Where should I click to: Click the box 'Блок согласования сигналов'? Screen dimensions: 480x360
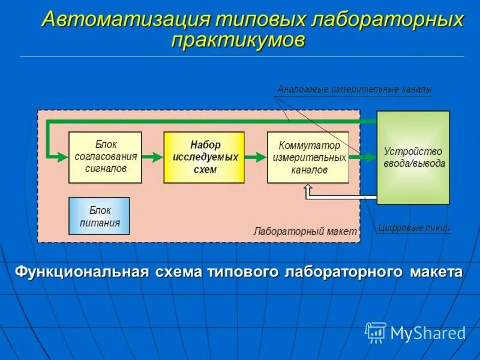click(105, 157)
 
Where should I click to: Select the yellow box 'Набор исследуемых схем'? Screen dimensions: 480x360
click(204, 157)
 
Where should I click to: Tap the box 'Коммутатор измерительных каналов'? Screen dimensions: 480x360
click(308, 157)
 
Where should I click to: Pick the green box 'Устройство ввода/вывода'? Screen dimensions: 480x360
click(413, 158)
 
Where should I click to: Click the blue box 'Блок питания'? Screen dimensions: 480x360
click(99, 216)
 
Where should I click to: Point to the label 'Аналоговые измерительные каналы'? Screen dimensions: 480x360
click(355, 89)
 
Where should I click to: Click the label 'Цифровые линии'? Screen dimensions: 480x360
click(413, 228)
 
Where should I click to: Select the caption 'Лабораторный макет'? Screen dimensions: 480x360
click(305, 231)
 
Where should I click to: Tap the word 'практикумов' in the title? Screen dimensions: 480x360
click(238, 40)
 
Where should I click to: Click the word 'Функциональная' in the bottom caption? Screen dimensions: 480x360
click(82, 272)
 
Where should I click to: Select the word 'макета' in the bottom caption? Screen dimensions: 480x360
click(436, 272)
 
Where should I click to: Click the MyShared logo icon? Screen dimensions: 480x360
click(376, 332)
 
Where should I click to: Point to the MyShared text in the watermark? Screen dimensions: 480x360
click(427, 333)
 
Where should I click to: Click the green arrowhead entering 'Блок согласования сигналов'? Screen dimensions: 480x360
click(61, 157)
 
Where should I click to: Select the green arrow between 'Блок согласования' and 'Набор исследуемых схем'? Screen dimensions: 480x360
click(152, 157)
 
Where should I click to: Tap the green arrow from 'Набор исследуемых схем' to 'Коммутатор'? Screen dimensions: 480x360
click(256, 157)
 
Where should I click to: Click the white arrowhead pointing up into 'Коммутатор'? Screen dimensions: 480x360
click(308, 189)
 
